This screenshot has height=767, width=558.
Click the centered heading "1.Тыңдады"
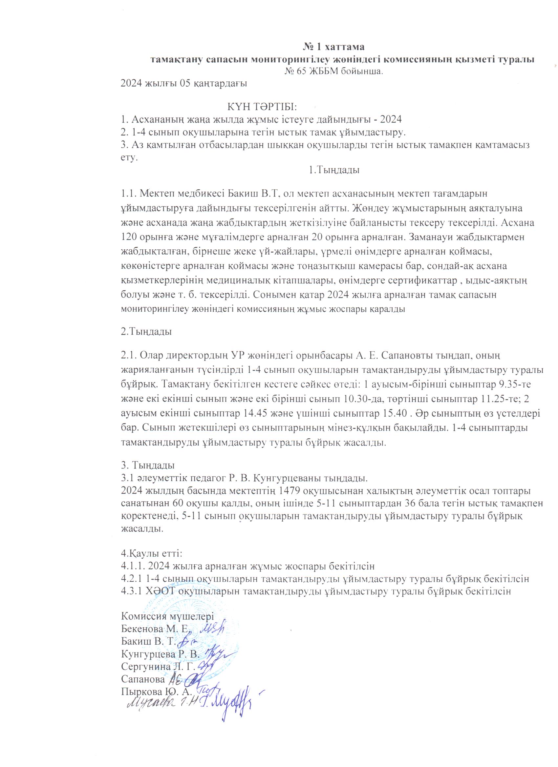(333, 170)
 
